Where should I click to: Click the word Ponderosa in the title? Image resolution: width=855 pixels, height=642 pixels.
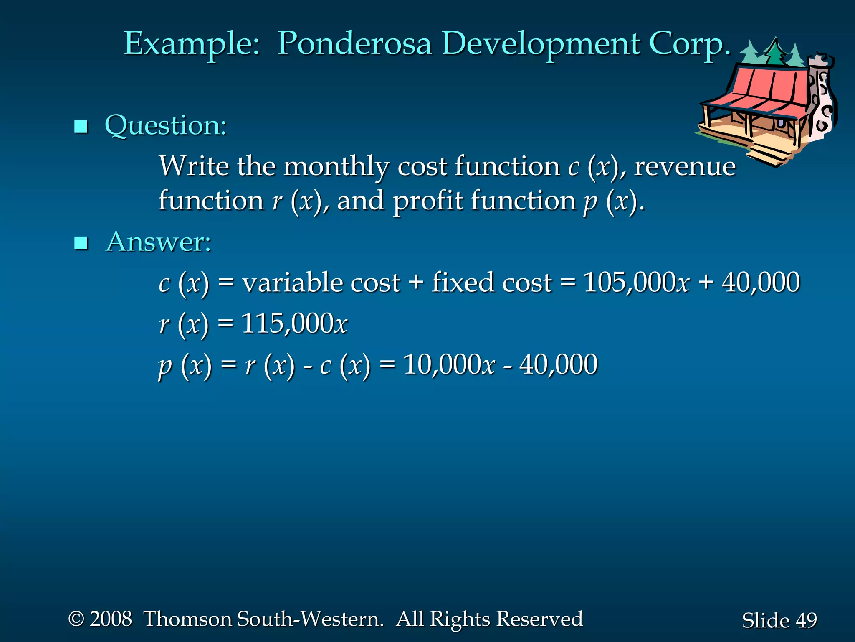click(354, 44)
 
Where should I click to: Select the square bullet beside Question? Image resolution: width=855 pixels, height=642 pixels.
click(81, 126)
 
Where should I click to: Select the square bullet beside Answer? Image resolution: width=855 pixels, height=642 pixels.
click(81, 242)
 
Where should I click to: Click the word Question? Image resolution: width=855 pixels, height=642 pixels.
click(165, 125)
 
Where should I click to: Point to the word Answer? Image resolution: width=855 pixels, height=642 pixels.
click(159, 242)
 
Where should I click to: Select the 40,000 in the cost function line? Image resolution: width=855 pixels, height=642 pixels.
click(761, 283)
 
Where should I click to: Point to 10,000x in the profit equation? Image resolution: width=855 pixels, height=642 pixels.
click(449, 365)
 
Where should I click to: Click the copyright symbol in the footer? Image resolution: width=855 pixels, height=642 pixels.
click(76, 619)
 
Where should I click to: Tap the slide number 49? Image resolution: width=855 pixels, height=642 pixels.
click(806, 620)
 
